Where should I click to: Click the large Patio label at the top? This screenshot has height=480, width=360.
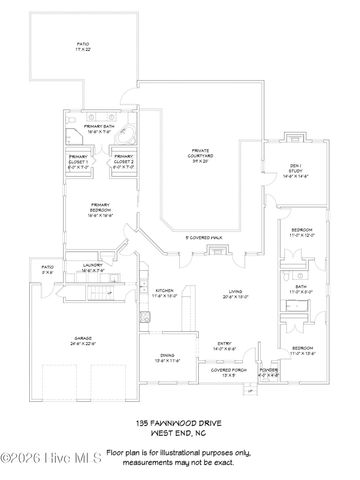pyautogui.click(x=83, y=46)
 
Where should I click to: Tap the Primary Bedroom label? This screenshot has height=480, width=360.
pyautogui.click(x=101, y=211)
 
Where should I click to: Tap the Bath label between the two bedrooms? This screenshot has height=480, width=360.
pyautogui.click(x=301, y=289)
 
